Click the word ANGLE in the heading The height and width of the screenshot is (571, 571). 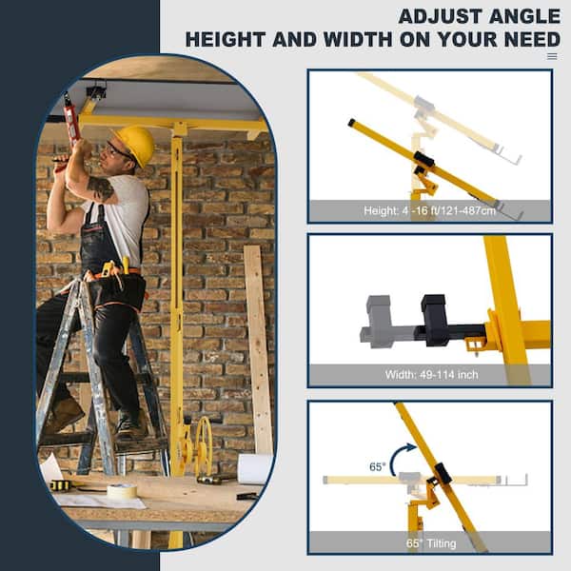pos(518,16)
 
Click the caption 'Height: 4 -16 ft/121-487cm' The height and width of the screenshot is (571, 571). pos(430,211)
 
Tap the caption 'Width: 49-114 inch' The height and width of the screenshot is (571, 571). pos(431,374)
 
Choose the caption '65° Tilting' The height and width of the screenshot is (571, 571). pos(430,542)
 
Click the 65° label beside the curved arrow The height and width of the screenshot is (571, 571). pos(377,467)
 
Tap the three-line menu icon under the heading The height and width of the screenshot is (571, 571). pos(552,56)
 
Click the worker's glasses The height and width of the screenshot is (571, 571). pos(120,149)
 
